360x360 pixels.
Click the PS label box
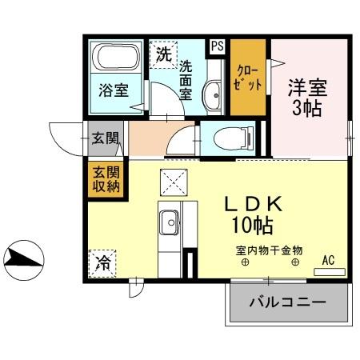pos(217,46)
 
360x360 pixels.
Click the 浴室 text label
pos(114,90)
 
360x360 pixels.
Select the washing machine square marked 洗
pos(163,54)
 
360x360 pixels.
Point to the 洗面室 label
pos(186,79)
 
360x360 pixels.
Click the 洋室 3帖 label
pos(307,96)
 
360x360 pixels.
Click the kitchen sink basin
pos(170,219)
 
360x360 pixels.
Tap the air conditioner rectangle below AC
pos(329,272)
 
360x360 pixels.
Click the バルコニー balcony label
pos(288,303)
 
